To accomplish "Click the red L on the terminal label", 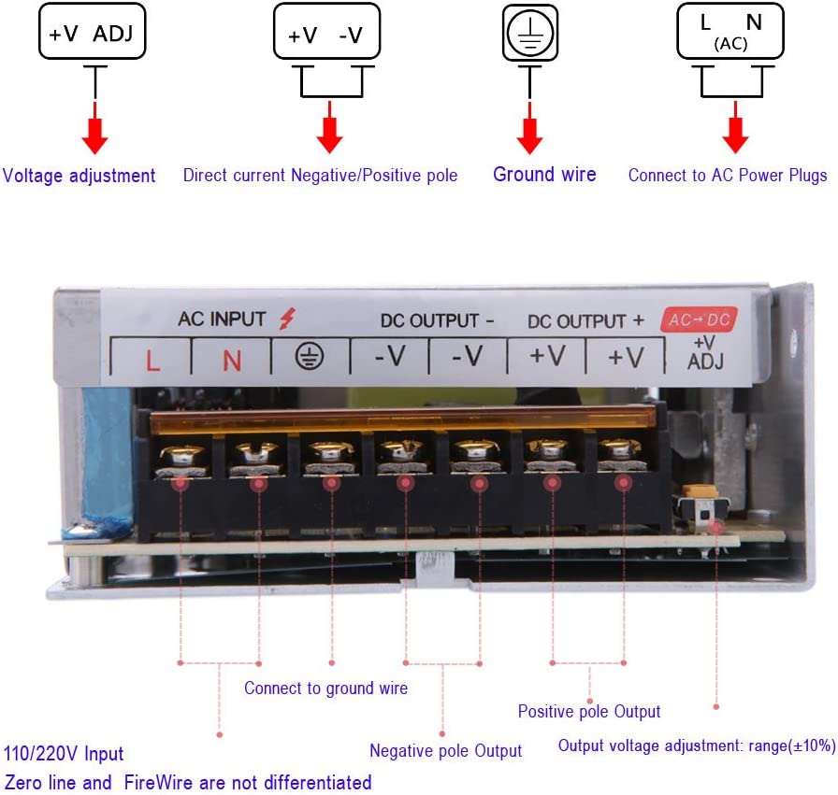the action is tap(152, 361).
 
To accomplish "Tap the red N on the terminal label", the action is tap(232, 361).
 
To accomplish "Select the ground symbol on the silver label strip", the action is tap(310, 356).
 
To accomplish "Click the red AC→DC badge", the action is tap(699, 319).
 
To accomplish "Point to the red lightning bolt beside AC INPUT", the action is tap(287, 319).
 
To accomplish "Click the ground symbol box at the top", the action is tap(530, 33).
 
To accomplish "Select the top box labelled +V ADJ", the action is tap(92, 31).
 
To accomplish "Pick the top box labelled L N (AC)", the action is tap(730, 31).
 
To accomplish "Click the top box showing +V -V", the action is tap(326, 31).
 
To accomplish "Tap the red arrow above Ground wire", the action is tap(529, 128).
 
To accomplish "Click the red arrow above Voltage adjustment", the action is tap(95, 128).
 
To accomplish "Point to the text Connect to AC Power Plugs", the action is tap(728, 175).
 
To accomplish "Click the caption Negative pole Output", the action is tap(446, 751).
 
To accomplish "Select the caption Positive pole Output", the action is tap(589, 711).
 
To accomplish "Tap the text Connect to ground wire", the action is tap(326, 689).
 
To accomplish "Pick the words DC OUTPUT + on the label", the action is tap(585, 321).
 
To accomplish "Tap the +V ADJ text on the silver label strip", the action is tap(705, 353).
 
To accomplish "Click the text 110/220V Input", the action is tap(64, 753).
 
